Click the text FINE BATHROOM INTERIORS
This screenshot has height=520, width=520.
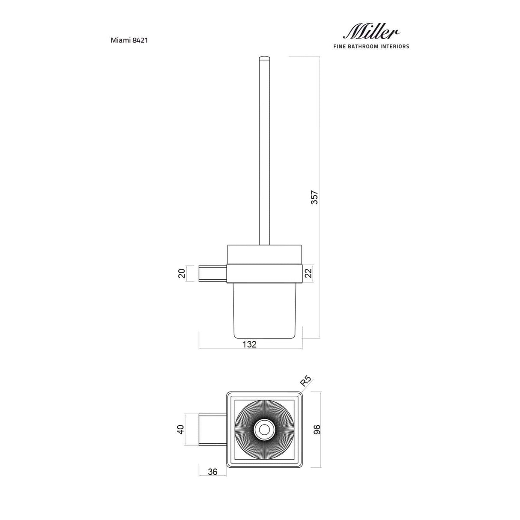[x=371, y=46]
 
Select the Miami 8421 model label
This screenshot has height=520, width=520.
[x=129, y=40]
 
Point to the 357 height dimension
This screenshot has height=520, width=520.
[x=314, y=197]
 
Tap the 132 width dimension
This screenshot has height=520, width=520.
[x=249, y=344]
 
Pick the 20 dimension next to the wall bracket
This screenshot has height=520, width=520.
[x=182, y=273]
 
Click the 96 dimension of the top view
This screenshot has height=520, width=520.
[x=317, y=429]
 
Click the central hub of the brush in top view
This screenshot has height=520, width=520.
[x=264, y=429]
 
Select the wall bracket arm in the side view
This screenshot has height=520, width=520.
[x=212, y=274]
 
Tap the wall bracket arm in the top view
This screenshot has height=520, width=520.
[x=212, y=429]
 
